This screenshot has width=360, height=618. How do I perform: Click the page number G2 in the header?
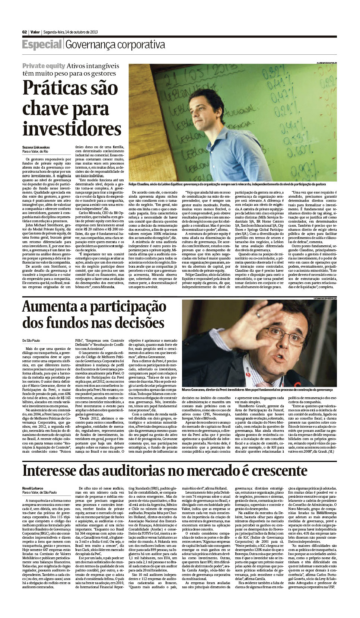coord(25,32)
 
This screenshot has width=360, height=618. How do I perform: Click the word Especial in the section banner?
coord(42,45)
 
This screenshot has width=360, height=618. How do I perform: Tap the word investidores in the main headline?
coord(72,128)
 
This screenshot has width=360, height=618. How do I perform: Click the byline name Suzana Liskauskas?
coord(36,147)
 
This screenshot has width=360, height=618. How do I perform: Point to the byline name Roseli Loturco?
coord(33,488)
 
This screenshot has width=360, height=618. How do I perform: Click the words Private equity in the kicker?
coord(44,66)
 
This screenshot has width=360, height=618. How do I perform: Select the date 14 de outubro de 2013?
coord(82,32)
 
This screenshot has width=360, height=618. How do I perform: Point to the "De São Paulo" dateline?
coord(31,340)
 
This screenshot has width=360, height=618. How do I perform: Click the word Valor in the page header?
coord(35,32)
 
